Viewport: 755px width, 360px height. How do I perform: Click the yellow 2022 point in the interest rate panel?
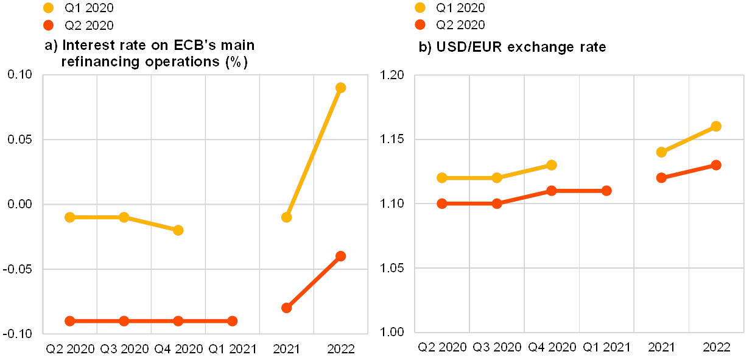(x=340, y=88)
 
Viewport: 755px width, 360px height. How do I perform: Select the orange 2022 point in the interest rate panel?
(x=340, y=256)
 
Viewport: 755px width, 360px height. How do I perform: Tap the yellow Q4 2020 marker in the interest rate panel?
(x=178, y=230)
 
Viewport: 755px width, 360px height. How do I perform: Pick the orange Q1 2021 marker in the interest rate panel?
(x=232, y=321)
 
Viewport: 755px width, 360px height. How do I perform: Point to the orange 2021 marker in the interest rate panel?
(x=286, y=308)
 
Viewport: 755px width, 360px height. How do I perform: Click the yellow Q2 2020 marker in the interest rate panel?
(x=69, y=217)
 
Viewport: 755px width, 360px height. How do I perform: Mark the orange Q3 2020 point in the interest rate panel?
(x=124, y=321)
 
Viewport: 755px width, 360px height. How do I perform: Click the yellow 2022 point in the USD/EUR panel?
(x=716, y=126)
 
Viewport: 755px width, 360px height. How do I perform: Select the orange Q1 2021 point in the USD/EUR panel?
(x=606, y=191)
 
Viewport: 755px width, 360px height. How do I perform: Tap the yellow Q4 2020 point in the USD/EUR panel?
(x=552, y=165)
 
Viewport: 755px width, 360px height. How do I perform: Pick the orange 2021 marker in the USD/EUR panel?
(x=661, y=178)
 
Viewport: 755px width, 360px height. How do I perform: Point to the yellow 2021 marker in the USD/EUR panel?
(x=661, y=152)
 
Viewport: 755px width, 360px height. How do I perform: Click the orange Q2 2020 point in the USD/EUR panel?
(x=442, y=203)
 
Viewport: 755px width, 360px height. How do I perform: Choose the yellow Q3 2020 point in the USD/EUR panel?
(x=497, y=178)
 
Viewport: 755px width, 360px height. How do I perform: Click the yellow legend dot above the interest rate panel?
(x=49, y=8)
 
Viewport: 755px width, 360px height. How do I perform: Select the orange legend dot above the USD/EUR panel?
(x=420, y=25)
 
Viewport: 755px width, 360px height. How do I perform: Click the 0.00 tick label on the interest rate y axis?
(x=19, y=205)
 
